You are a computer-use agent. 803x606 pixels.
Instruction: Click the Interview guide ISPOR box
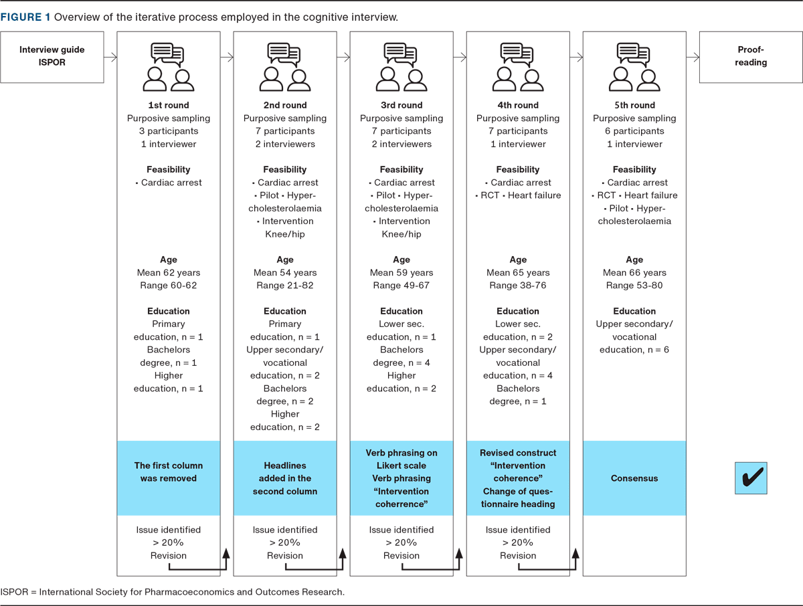coord(52,56)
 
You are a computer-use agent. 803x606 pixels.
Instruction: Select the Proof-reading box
coord(750,56)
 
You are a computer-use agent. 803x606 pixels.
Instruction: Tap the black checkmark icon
coord(751,478)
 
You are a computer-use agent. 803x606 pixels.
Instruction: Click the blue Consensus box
coord(634,478)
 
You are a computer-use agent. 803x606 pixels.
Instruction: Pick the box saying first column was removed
coord(169,472)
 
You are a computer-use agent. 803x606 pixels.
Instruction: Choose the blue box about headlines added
coord(285,478)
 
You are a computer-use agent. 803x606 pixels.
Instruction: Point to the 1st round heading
coord(169,105)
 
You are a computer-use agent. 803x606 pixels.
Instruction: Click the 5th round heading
coord(634,105)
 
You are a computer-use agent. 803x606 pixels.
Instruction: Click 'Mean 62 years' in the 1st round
coord(169,273)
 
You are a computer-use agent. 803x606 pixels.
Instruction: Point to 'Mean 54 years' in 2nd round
coord(285,273)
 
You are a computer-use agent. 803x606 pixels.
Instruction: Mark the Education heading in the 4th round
coord(518,311)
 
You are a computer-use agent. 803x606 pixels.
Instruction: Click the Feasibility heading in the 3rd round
coord(401,169)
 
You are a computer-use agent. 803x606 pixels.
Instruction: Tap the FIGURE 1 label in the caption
coord(25,17)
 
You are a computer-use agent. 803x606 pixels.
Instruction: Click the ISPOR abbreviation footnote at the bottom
coord(173,592)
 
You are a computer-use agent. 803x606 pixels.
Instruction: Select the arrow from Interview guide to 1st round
coord(110,58)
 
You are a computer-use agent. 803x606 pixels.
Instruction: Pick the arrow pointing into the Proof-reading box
coord(693,58)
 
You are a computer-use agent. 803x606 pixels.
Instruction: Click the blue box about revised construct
coord(518,478)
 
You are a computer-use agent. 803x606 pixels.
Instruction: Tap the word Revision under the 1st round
coord(169,556)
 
